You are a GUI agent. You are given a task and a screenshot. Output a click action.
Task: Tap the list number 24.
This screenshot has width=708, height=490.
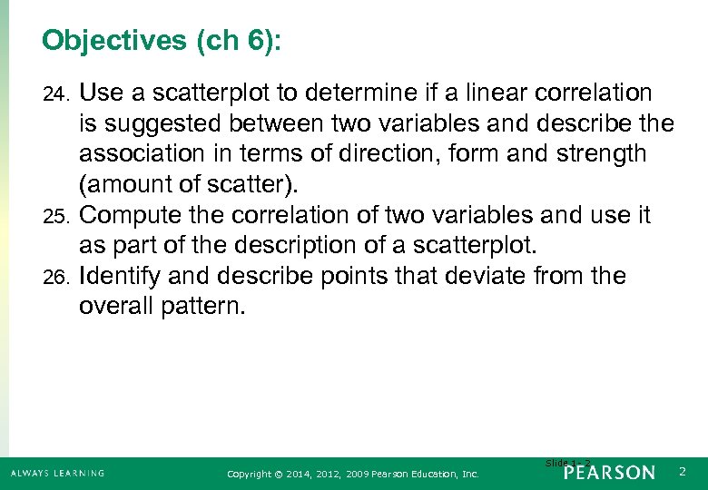56,93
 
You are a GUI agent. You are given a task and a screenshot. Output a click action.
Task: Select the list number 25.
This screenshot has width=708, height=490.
56,217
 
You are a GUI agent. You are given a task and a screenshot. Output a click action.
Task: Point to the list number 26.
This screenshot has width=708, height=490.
56,278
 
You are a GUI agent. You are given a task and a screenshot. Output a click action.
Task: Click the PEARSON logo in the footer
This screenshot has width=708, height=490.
608,473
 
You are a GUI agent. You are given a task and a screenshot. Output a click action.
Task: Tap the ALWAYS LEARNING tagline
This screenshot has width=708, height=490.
58,473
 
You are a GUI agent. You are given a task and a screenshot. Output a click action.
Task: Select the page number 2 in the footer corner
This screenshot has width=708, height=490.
683,472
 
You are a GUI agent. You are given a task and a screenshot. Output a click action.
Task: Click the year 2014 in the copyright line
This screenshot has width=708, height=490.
295,474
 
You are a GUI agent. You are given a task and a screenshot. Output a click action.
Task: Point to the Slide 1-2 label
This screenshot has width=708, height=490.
567,464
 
